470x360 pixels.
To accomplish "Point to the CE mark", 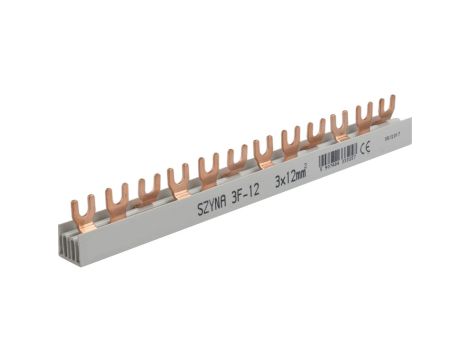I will tap(366, 151).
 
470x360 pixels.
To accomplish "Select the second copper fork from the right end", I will tap(365, 115).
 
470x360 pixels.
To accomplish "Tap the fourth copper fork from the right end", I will tap(315, 133).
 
